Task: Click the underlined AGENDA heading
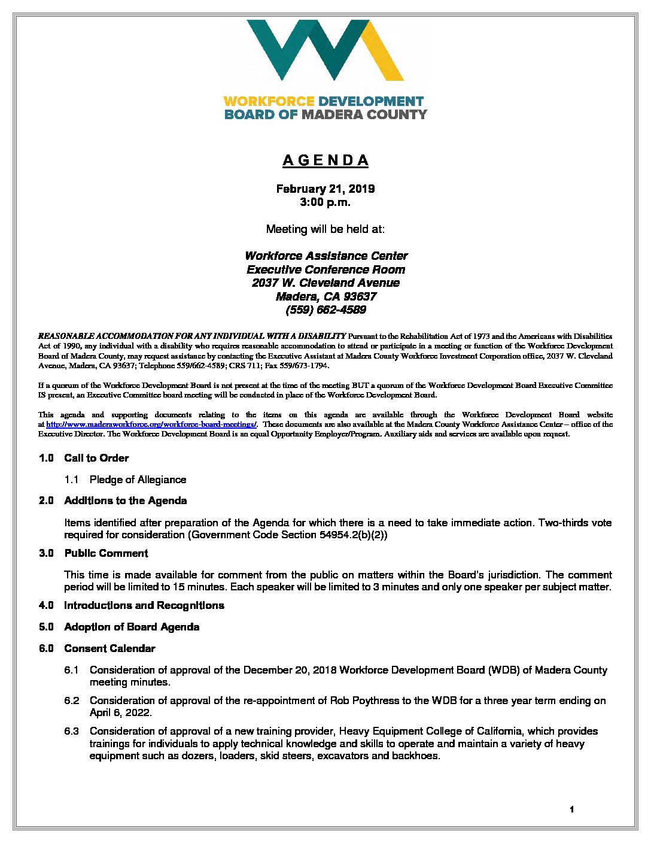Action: pos(325,160)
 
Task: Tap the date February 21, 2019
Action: pos(325,189)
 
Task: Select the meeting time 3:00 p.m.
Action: pos(325,202)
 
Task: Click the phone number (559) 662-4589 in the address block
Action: pos(325,310)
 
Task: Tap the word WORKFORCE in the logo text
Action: pos(269,102)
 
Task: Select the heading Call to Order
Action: pos(96,458)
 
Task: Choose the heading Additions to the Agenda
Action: pos(126,501)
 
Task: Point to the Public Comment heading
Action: pos(106,553)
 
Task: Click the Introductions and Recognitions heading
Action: pos(144,605)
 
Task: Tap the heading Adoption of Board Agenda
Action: pos(132,627)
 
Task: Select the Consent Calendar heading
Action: pos(109,648)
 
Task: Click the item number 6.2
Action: pos(72,701)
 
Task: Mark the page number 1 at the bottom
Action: pos(572,809)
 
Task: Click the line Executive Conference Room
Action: pos(325,270)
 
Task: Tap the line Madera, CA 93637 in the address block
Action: pos(325,297)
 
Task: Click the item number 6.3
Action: pos(72,731)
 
